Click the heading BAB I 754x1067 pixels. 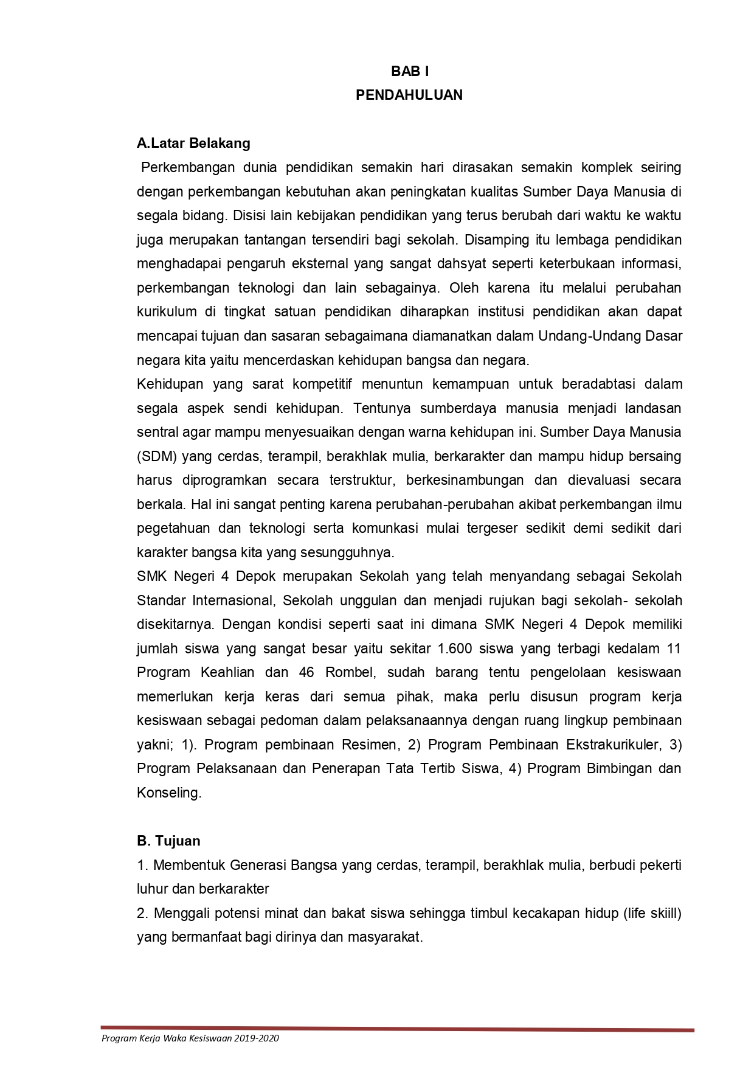click(409, 72)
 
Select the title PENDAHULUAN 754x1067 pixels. click(409, 96)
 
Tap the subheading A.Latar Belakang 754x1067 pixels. click(193, 144)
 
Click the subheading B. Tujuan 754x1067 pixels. click(168, 841)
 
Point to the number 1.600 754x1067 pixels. click(454, 648)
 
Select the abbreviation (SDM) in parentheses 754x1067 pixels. click(156, 456)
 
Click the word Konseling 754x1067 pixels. click(168, 793)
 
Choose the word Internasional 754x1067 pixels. click(235, 600)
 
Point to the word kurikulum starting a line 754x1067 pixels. click(167, 312)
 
